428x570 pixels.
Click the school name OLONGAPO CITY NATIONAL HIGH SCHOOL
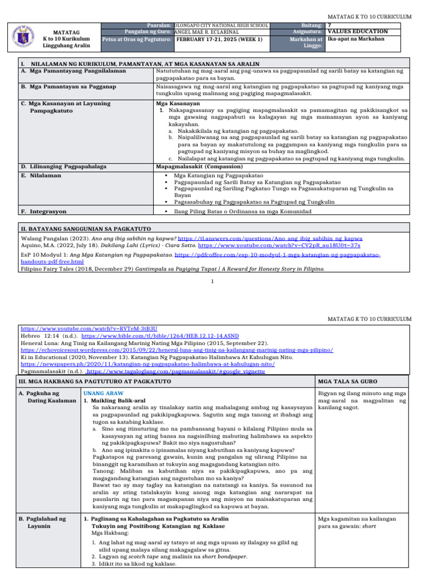click(x=221, y=26)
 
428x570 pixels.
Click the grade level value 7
click(x=330, y=26)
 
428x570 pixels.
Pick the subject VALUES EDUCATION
click(x=357, y=32)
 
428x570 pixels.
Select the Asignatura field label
click(x=308, y=32)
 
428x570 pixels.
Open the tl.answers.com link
click(x=270, y=238)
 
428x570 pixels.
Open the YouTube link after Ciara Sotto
click(x=279, y=245)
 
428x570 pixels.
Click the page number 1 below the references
click(x=213, y=281)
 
